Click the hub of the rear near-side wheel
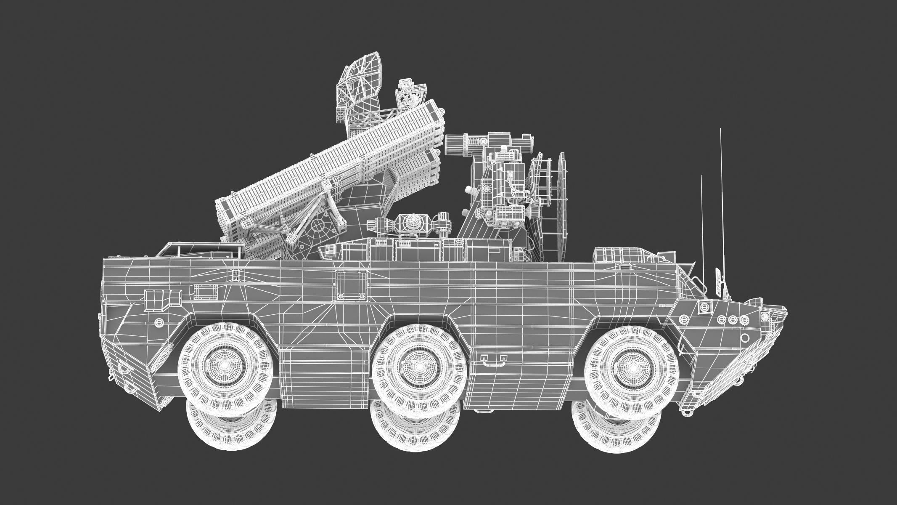click(224, 363)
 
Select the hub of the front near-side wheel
click(633, 367)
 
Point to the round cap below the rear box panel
click(159, 323)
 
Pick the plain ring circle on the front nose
click(744, 338)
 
